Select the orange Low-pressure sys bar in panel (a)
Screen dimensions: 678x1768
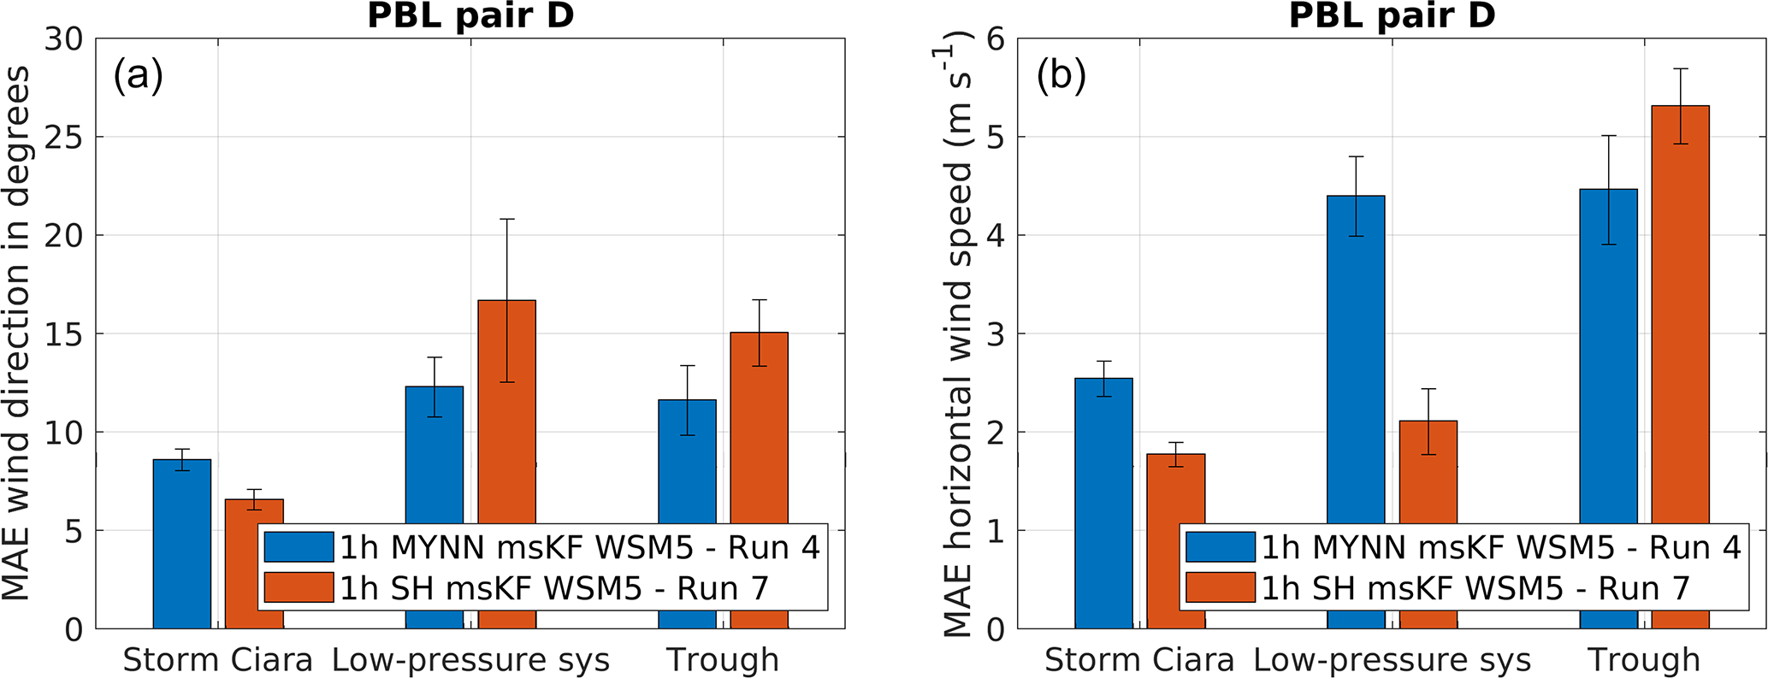tap(506, 410)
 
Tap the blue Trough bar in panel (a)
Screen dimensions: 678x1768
tap(687, 462)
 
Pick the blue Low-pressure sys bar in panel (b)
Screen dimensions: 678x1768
tap(1356, 359)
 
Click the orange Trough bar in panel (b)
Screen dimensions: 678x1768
tap(1680, 316)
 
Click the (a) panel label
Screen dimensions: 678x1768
tap(138, 77)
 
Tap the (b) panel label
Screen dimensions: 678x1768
tap(1061, 77)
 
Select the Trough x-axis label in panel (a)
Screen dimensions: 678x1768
tap(723, 660)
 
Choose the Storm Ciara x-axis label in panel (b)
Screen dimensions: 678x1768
tap(1139, 660)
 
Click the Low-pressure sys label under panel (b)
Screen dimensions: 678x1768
tap(1392, 660)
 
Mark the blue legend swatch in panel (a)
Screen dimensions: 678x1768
tap(299, 547)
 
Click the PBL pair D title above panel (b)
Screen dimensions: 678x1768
tap(1392, 15)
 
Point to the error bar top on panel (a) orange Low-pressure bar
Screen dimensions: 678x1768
tap(506, 219)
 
